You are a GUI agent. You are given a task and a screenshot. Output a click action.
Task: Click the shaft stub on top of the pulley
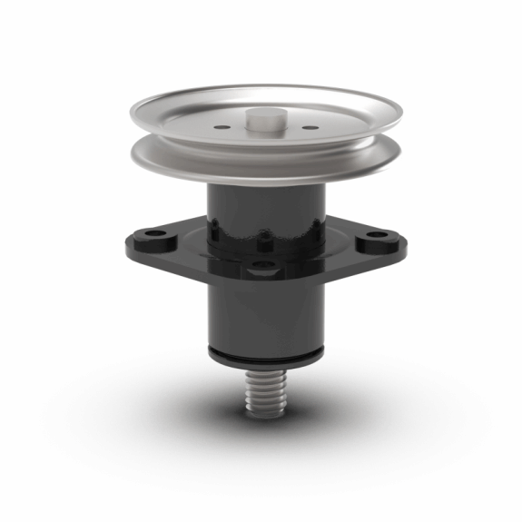click(x=262, y=118)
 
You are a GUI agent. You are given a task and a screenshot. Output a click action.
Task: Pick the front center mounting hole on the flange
click(x=264, y=265)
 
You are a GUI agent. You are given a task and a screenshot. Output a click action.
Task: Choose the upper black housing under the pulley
click(x=263, y=204)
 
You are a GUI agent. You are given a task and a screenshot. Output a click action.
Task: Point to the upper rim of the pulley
click(x=263, y=91)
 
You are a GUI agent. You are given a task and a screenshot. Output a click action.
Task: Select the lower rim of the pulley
click(x=263, y=172)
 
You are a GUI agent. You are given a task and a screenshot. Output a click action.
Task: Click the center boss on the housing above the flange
click(x=264, y=241)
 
